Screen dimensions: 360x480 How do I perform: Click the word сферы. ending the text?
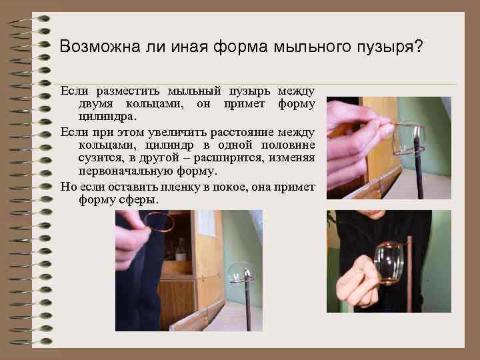pyautogui.click(x=138, y=199)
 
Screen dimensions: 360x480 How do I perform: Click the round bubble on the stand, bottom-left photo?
pyautogui.click(x=241, y=273)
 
